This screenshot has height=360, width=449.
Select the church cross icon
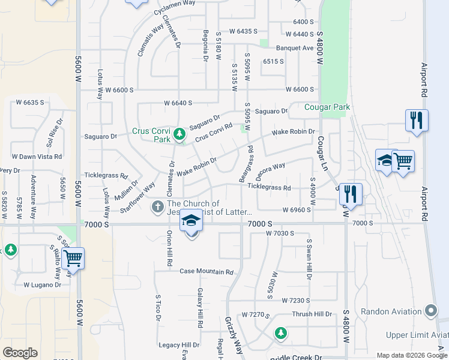tap(157, 208)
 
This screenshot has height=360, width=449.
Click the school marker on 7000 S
tap(191, 222)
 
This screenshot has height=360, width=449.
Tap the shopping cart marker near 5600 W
tap(73, 259)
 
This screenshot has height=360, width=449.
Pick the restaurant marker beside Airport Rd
tap(416, 120)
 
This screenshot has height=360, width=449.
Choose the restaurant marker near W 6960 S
tap(351, 194)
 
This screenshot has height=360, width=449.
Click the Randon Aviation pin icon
tap(430, 311)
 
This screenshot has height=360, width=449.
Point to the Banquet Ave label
tap(295, 48)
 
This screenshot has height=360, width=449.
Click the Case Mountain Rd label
tap(206, 272)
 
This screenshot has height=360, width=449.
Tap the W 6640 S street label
tap(178, 103)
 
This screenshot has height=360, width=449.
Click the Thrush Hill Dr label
tap(312, 314)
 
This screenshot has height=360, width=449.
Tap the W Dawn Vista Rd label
tap(37, 157)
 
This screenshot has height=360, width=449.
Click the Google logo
tap(20, 353)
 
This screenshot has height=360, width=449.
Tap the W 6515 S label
tap(273, 61)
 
